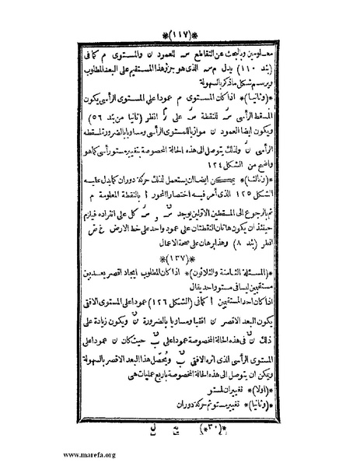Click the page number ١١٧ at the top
[181, 15]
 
